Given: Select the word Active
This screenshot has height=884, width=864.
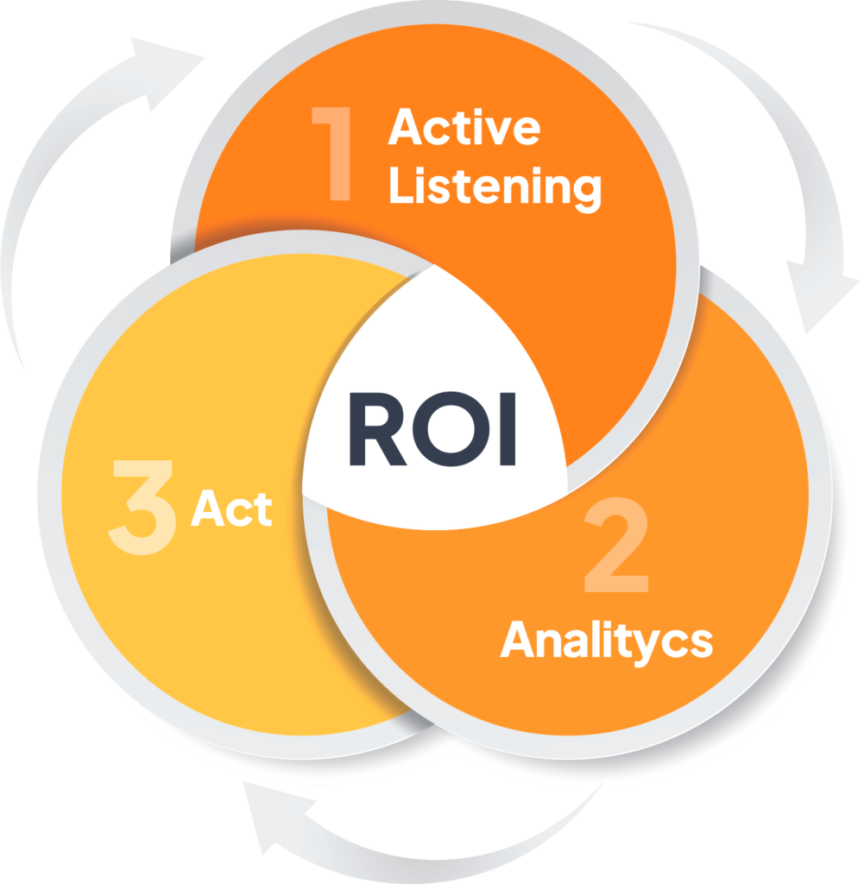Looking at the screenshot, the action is click(464, 127).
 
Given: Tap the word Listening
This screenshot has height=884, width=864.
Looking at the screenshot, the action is click(495, 186).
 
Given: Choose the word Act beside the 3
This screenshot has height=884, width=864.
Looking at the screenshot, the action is click(231, 508).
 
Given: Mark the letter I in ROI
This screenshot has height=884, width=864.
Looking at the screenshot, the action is click(508, 430).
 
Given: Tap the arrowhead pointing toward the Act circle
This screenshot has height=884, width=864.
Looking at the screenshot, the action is click(276, 818).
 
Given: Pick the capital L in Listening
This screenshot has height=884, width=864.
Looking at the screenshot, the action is click(401, 185).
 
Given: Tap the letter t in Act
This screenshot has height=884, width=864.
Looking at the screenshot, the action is click(263, 510).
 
